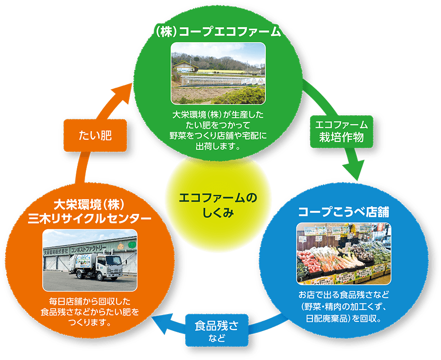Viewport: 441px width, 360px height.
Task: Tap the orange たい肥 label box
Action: (95, 135)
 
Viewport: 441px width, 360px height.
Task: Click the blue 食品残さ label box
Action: (217, 330)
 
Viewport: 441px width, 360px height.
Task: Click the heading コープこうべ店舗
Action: (344, 212)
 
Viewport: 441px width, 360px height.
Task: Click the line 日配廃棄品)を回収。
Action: (344, 319)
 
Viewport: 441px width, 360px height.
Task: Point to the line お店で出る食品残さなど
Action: (344, 294)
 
